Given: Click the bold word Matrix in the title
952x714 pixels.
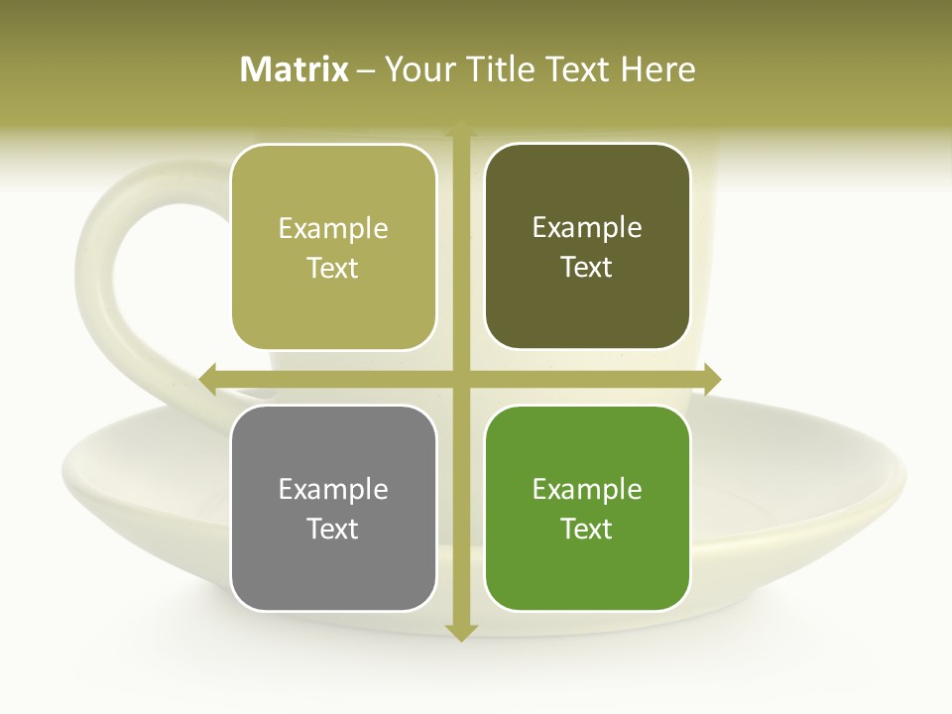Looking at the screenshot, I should pyautogui.click(x=295, y=69).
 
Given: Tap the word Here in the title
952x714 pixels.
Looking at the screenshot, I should pyautogui.click(x=657, y=69).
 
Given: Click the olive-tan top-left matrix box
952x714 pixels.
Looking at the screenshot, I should pyautogui.click(x=333, y=247).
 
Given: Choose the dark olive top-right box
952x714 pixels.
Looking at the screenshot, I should pyautogui.click(x=587, y=247).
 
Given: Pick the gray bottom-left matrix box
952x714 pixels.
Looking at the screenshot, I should pyautogui.click(x=333, y=508).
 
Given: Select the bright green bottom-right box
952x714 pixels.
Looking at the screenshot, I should pyautogui.click(x=587, y=508).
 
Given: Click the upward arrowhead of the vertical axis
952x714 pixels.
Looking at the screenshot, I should pyautogui.click(x=460, y=128).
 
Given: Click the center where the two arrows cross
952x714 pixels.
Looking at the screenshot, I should pyautogui.click(x=460, y=379).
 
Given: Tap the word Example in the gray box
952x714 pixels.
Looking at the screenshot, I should pyautogui.click(x=333, y=489).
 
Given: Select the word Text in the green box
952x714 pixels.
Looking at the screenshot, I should pyautogui.click(x=587, y=529).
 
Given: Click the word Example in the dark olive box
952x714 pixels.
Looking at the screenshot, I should pyautogui.click(x=587, y=227).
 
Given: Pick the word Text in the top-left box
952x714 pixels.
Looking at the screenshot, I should pyautogui.click(x=333, y=268).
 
